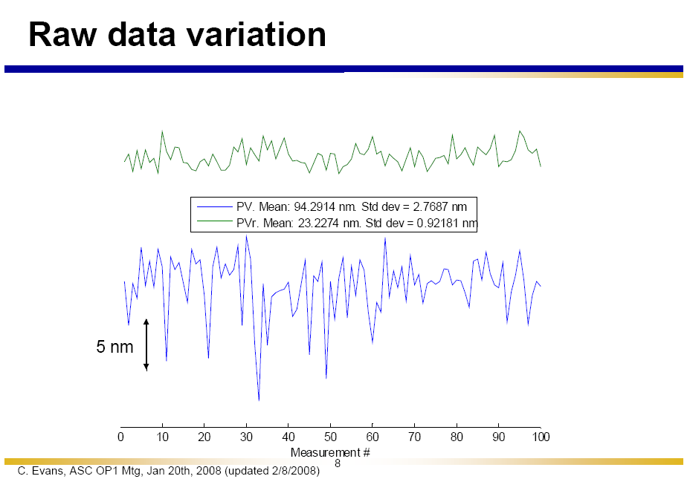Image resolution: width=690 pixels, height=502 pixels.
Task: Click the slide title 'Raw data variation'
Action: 177,35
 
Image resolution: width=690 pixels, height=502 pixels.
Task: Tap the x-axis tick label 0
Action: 121,437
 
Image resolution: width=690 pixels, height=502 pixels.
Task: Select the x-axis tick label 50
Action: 331,437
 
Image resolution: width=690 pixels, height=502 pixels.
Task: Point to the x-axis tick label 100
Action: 541,437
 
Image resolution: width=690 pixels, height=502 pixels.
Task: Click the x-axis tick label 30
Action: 247,437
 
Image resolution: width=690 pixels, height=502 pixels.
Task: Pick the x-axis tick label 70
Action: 415,437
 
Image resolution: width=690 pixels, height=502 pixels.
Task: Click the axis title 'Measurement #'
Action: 330,452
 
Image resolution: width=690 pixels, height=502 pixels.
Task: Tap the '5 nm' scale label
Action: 115,347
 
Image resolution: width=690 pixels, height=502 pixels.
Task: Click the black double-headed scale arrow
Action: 146,345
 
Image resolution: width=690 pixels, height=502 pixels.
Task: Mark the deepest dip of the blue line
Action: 259,400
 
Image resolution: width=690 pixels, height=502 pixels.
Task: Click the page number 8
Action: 337,463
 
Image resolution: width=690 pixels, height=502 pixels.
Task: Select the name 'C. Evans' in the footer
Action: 38,472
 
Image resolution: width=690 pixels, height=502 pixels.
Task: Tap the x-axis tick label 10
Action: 163,437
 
